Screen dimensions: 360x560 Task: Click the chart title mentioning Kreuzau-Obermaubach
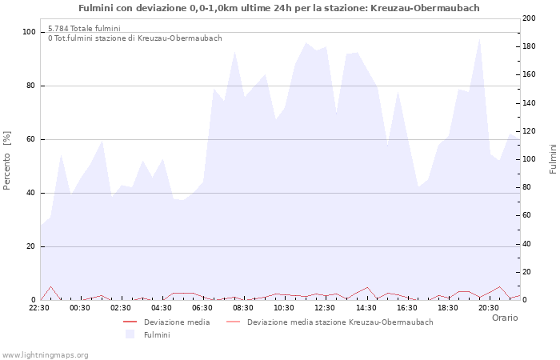(x=279, y=8)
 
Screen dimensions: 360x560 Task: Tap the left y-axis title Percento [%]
(x=7, y=159)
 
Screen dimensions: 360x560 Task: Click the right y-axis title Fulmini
(x=552, y=159)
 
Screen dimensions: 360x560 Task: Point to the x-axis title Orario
(x=504, y=318)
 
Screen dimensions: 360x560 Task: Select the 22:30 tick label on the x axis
(x=40, y=307)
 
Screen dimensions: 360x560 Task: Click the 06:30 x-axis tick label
(x=202, y=307)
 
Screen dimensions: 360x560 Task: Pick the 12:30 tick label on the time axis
(x=325, y=307)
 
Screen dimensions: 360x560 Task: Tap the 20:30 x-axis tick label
(x=488, y=307)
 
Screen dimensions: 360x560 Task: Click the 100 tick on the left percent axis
(x=29, y=32)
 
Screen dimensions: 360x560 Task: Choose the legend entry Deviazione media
(x=177, y=322)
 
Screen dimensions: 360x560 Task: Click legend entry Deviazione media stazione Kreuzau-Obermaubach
(x=340, y=322)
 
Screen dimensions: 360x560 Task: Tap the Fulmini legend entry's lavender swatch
(x=130, y=334)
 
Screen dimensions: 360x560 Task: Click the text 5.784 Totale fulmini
(x=84, y=29)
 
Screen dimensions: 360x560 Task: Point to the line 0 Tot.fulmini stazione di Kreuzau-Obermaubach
(x=134, y=38)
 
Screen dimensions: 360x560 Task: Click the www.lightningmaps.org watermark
(x=46, y=354)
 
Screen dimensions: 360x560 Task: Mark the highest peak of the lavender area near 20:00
(x=479, y=38)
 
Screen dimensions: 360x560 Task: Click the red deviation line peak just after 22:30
(x=50, y=286)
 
